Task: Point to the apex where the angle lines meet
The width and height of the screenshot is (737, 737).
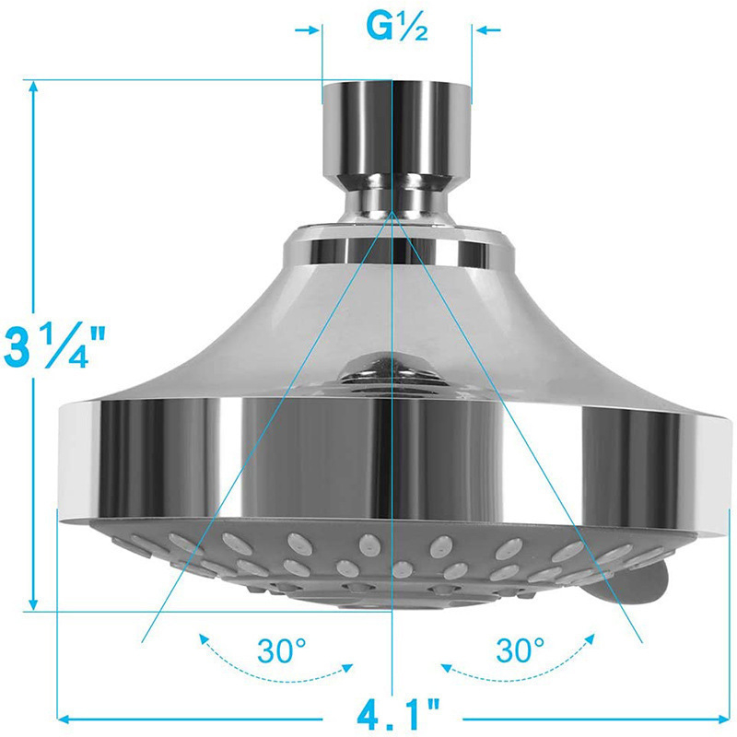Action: pyautogui.click(x=393, y=211)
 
